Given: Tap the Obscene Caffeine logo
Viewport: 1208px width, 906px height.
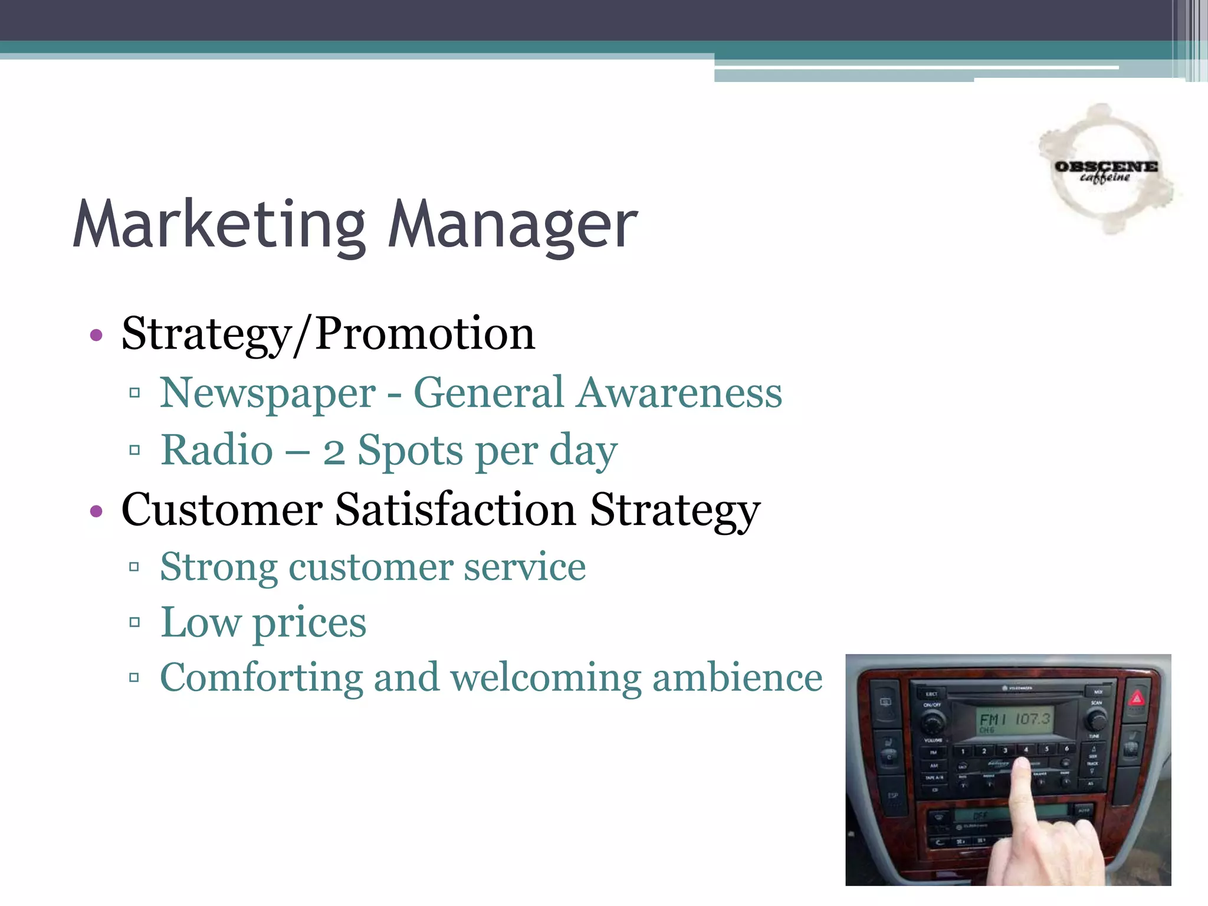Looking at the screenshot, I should [1105, 170].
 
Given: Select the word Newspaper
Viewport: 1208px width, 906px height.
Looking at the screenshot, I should [268, 393].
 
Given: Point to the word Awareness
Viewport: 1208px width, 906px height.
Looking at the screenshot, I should [679, 393].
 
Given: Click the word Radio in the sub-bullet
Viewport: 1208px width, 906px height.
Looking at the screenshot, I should [217, 450].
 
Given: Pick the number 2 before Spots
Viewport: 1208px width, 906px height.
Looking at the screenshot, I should [334, 452].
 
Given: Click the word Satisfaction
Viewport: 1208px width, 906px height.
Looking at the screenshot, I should [455, 509].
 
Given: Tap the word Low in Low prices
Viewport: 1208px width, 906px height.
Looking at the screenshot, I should [201, 622].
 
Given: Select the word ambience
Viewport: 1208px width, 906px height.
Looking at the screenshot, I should [737, 678].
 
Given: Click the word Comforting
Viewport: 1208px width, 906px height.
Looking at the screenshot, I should [261, 678].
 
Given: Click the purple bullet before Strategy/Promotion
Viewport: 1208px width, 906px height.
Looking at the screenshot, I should [96, 336].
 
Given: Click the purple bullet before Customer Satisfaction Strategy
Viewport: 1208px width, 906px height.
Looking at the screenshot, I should [96, 511].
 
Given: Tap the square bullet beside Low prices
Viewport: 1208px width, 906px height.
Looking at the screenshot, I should [134, 622].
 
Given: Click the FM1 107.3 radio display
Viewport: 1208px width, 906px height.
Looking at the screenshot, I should [1015, 720].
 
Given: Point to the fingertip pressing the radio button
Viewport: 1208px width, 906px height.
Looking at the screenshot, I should [1020, 767].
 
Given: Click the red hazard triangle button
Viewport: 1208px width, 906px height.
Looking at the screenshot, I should [1137, 700].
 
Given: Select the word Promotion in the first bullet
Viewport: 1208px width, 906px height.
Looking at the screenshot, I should [425, 334].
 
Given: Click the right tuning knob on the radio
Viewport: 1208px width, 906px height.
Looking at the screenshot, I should [1096, 720].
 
